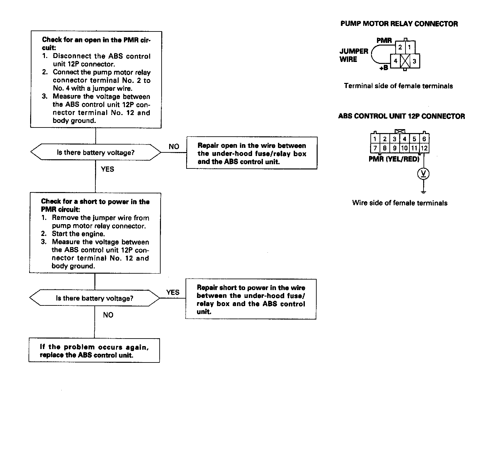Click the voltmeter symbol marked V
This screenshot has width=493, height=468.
point(424,174)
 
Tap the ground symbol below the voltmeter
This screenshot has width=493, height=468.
point(424,192)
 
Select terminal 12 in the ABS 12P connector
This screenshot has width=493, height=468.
point(424,148)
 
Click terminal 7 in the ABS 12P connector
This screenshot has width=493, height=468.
point(375,148)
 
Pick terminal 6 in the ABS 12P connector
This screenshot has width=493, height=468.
point(424,139)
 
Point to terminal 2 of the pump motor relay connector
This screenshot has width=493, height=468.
point(400,47)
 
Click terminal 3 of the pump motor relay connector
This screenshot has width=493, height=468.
point(415,61)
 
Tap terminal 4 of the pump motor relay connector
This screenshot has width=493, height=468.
point(396,61)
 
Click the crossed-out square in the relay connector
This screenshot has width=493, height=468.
point(405,61)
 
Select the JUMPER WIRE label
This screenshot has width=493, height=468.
point(354,55)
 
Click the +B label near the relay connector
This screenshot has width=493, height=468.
point(384,68)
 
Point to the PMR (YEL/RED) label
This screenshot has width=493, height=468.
point(394,159)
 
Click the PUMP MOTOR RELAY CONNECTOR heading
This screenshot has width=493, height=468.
point(399,24)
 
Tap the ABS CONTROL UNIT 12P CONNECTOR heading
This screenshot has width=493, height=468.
point(401,116)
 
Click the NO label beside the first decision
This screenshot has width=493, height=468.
point(174,146)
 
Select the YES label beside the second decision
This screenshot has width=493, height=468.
point(173,292)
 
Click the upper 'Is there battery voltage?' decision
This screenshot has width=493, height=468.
point(96,152)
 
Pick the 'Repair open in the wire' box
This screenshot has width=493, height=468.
point(252,153)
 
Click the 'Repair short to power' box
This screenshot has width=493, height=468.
point(251,299)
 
